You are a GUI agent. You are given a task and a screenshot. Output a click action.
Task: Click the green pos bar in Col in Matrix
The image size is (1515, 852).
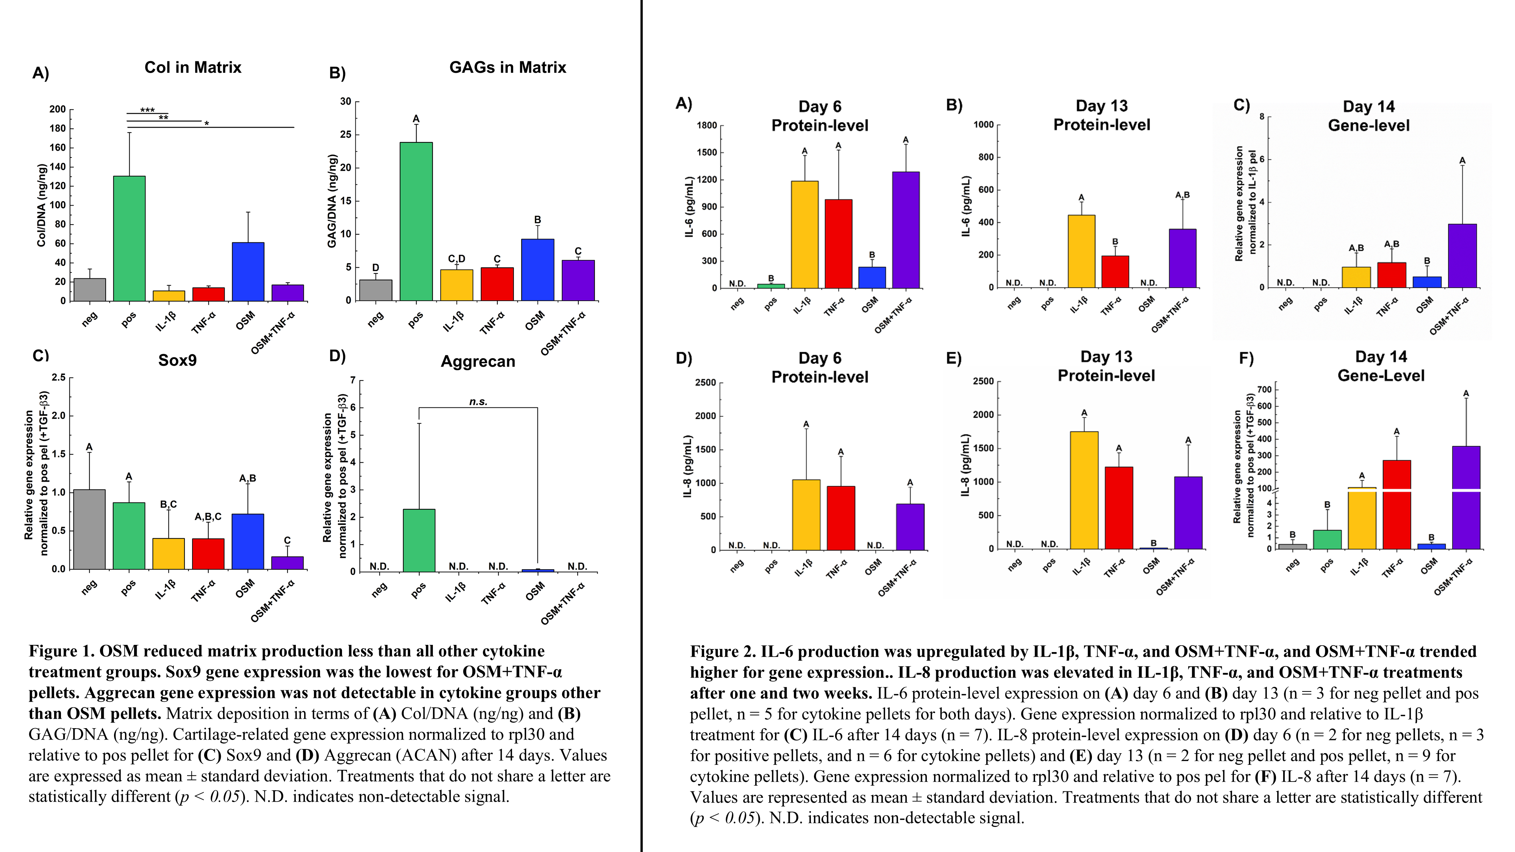click(x=130, y=238)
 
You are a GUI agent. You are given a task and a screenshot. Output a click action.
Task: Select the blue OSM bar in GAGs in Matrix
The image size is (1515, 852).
click(x=537, y=270)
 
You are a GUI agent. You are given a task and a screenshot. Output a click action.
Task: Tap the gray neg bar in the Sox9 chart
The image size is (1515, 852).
click(x=89, y=529)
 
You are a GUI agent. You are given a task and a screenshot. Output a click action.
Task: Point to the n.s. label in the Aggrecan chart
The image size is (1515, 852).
click(x=478, y=402)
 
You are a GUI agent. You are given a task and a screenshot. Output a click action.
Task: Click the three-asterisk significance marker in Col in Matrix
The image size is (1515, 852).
click(x=148, y=110)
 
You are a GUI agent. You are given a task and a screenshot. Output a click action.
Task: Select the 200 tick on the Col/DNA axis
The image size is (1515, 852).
click(x=58, y=109)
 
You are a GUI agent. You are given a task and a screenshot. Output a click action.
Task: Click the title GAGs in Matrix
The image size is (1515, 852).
click(x=508, y=68)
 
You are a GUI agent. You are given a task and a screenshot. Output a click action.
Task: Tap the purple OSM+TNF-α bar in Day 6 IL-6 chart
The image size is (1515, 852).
click(x=906, y=230)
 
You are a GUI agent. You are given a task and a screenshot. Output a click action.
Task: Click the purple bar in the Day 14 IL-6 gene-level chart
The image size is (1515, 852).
click(x=1462, y=256)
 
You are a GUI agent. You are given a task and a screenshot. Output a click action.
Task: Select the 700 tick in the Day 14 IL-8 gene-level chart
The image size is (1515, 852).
click(x=1265, y=389)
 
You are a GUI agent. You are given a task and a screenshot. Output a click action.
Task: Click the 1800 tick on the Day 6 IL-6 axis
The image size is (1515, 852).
click(x=706, y=125)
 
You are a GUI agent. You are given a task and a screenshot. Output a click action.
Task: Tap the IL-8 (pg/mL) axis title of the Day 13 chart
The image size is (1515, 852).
click(x=965, y=465)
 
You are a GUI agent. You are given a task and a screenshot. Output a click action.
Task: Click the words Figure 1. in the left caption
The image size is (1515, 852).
click(x=62, y=651)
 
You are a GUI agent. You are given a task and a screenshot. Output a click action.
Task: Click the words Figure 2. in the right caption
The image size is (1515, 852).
click(x=723, y=651)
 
